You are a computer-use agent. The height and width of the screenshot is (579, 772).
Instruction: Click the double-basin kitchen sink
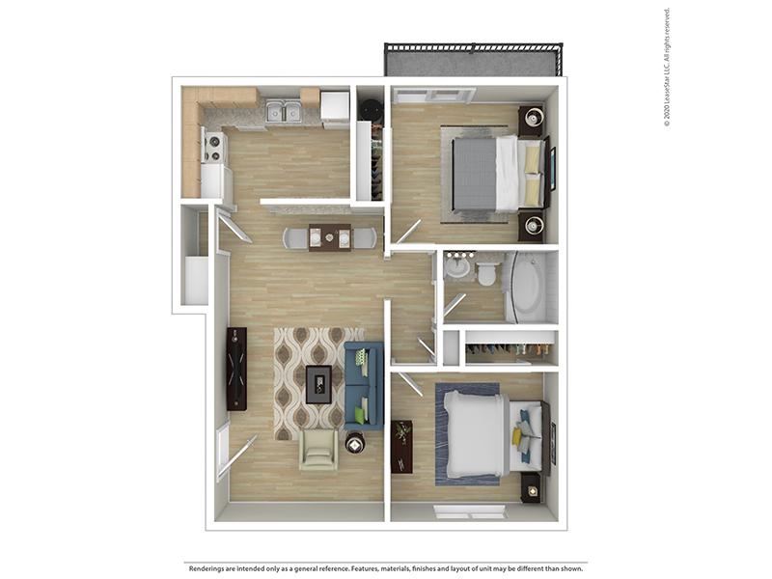tap(284, 111)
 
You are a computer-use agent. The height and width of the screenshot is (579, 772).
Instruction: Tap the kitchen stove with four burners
tap(213, 147)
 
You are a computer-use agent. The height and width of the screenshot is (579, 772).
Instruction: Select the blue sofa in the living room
tap(364, 385)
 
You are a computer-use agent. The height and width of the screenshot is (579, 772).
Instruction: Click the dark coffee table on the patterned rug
tap(319, 384)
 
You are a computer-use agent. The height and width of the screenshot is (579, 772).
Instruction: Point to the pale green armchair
tap(318, 449)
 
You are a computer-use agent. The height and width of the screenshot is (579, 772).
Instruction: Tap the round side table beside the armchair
tap(354, 445)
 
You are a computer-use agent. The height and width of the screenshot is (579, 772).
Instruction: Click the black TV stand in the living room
tap(236, 369)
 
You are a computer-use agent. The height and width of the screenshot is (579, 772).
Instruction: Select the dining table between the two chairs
tap(330, 237)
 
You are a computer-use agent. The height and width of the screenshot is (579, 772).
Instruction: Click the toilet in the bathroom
tap(487, 273)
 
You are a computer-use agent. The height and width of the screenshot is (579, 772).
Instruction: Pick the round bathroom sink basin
tap(460, 268)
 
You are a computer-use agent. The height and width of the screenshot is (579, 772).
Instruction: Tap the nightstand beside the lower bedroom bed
tap(532, 488)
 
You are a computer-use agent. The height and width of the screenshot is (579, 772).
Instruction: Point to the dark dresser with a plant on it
tap(402, 447)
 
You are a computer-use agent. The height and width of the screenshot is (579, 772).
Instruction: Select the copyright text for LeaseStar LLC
tap(667, 68)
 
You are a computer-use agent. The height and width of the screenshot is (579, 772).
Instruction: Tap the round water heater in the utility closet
tap(370, 106)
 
